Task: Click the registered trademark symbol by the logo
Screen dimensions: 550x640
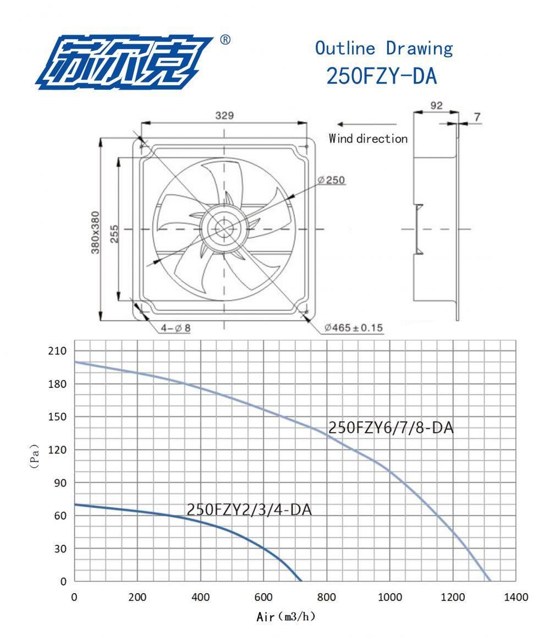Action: (x=225, y=40)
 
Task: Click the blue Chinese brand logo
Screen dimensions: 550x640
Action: (x=124, y=62)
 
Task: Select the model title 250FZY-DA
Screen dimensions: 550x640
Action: (x=382, y=76)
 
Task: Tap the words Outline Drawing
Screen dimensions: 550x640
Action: (x=383, y=48)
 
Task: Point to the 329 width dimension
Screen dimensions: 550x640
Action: (x=224, y=116)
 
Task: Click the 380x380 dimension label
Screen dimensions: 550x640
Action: (x=95, y=232)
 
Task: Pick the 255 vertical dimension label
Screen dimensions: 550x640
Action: (x=114, y=234)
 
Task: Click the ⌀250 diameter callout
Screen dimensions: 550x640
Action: (x=331, y=180)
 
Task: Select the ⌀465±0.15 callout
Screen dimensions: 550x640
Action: (x=353, y=327)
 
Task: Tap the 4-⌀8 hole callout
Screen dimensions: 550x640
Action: (x=175, y=328)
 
